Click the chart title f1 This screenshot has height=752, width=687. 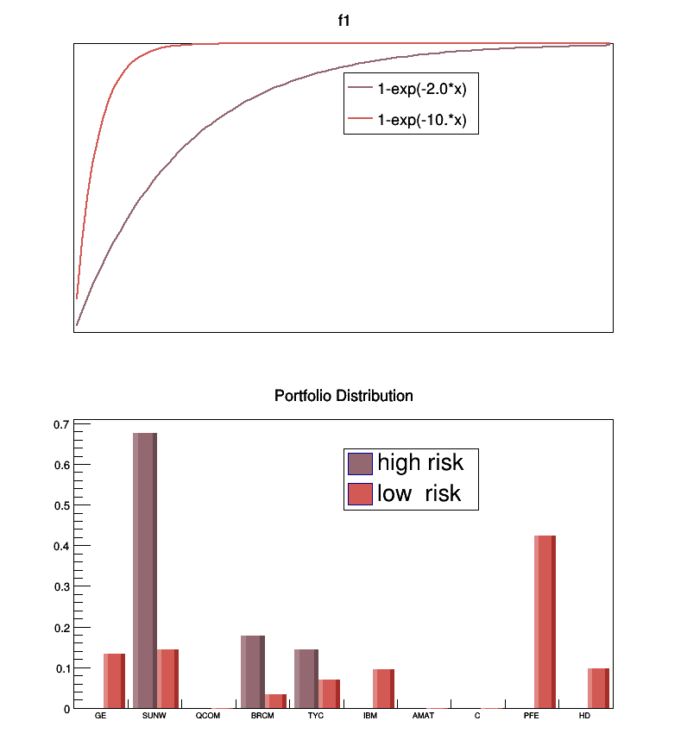point(343,22)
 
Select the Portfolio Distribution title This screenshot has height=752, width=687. point(343,396)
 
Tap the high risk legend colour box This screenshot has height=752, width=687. point(360,463)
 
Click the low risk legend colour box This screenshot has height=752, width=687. point(360,494)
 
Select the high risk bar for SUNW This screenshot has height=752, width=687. point(144,569)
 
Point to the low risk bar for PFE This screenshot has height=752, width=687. point(545,621)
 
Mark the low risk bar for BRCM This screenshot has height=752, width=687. point(275,701)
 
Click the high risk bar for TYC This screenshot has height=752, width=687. point(306,678)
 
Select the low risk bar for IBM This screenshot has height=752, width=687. point(383,688)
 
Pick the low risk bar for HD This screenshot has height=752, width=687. point(598,688)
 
